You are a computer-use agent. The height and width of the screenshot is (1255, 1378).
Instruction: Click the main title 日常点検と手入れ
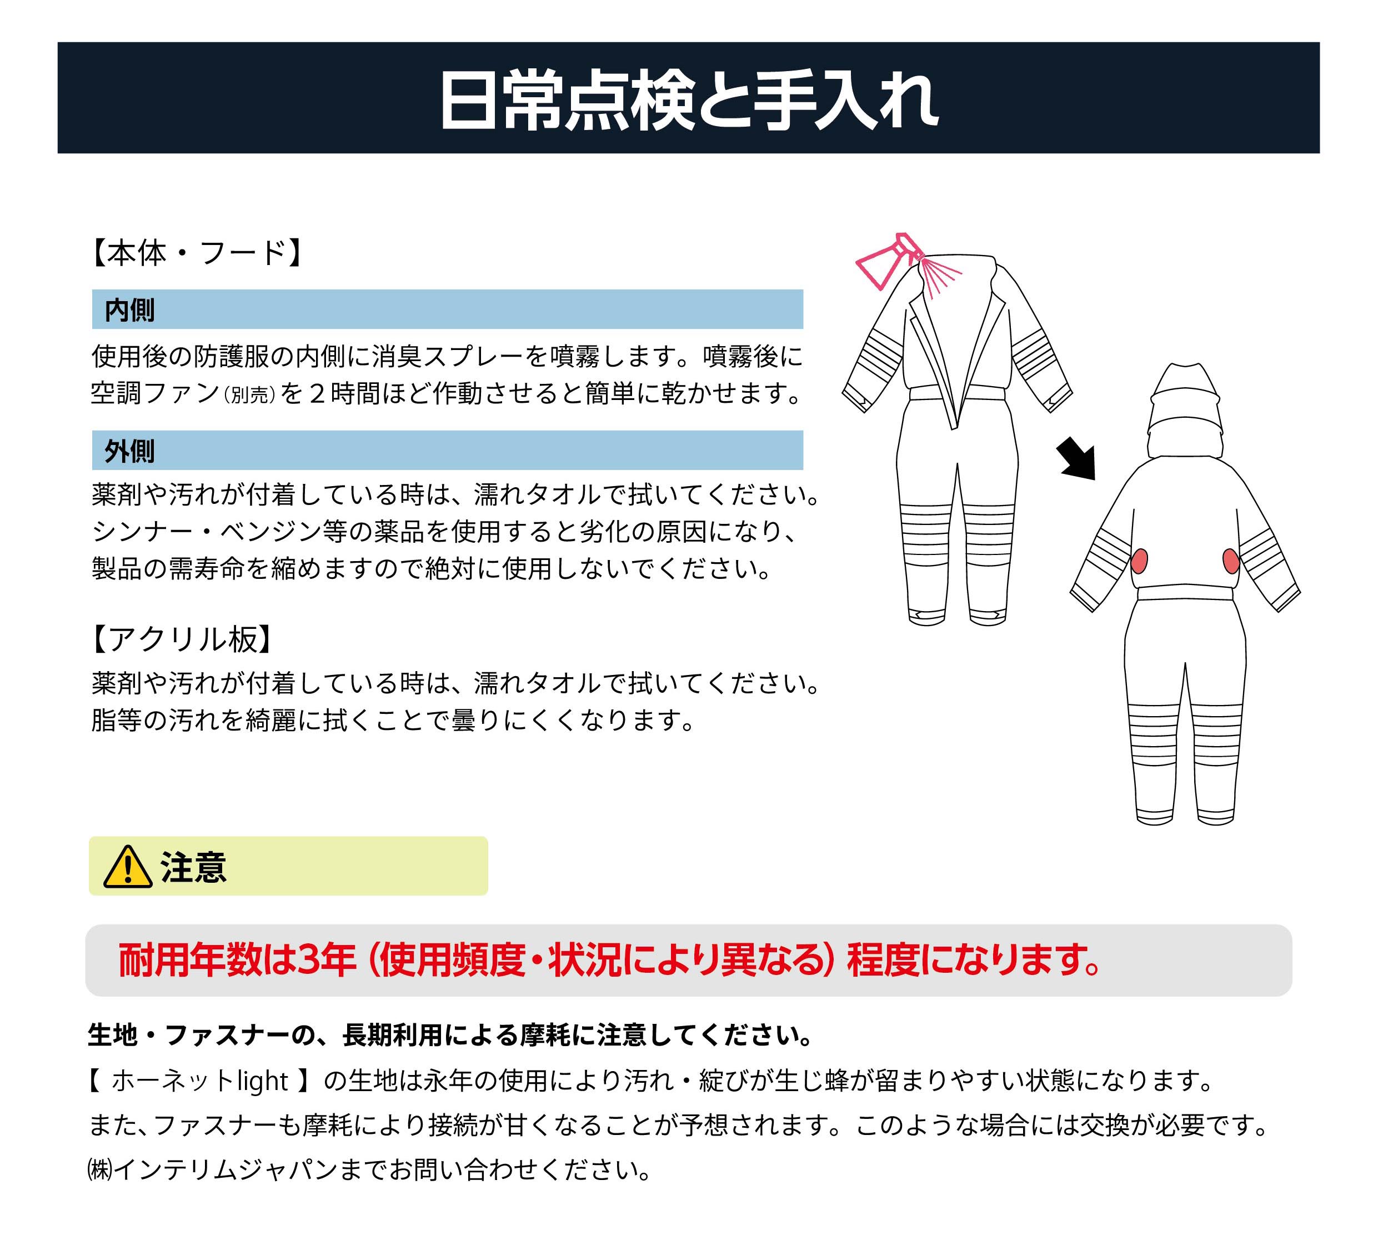click(688, 101)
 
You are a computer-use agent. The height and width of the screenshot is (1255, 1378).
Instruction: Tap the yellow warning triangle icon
click(128, 867)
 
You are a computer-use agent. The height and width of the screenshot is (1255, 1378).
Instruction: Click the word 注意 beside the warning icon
click(193, 867)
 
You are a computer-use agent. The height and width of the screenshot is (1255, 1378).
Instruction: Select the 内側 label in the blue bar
click(129, 309)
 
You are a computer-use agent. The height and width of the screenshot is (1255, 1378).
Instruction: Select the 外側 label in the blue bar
click(129, 451)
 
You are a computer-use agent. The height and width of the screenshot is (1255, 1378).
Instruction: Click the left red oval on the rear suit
click(1139, 561)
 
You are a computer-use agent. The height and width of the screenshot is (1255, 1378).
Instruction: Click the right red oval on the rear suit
click(1231, 561)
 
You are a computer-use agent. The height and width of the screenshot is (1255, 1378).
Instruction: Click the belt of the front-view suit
click(956, 393)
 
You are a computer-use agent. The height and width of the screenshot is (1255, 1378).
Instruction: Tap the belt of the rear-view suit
click(1185, 593)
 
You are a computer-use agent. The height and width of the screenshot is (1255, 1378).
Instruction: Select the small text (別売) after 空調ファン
click(249, 395)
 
